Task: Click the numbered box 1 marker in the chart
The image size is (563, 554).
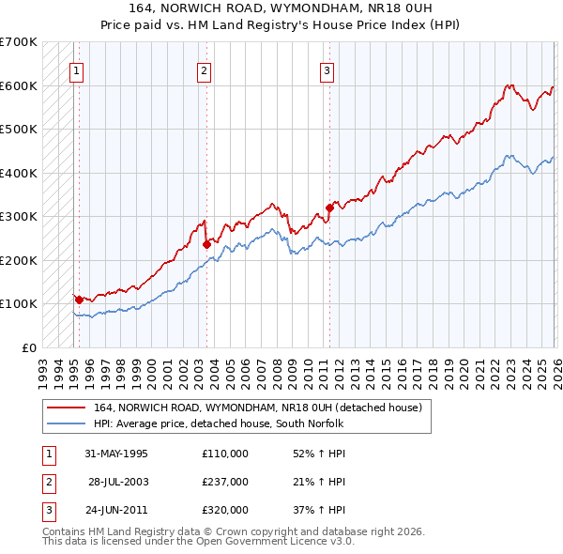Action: click(76, 69)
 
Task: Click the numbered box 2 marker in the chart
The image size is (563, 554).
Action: click(204, 69)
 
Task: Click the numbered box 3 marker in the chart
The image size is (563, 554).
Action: click(327, 69)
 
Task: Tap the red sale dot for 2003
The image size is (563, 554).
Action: click(206, 244)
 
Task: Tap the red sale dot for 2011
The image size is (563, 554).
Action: click(329, 208)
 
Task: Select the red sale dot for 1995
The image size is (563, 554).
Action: click(79, 300)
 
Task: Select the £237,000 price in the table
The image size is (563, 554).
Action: click(225, 482)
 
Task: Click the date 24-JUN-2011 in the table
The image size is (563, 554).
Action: click(115, 510)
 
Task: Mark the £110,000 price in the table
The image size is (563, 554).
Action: click(225, 454)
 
